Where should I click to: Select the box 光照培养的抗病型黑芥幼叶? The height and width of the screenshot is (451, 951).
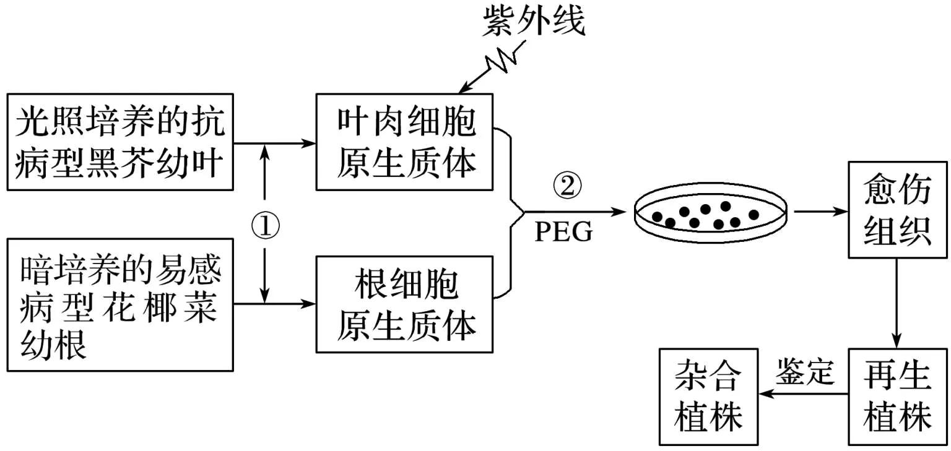[120, 142]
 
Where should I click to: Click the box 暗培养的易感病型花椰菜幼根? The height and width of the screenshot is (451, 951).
[120, 304]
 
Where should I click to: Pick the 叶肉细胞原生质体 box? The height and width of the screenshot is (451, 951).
[404, 142]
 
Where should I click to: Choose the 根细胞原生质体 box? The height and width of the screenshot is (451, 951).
[404, 304]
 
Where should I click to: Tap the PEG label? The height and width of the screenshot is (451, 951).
[563, 233]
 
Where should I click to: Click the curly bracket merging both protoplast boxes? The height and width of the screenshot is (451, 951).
[511, 210]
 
